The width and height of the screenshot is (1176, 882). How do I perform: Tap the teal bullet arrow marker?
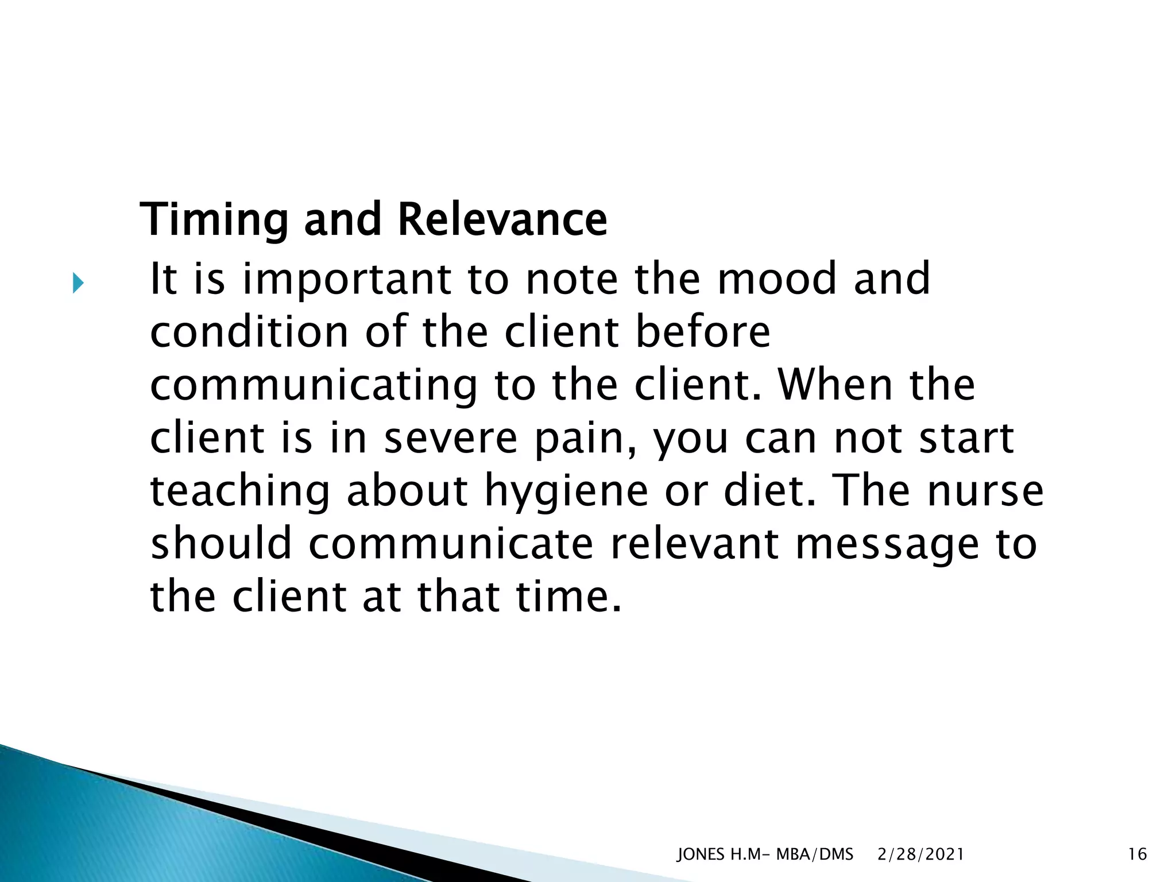(x=78, y=284)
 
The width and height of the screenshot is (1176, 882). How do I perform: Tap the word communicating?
(x=314, y=386)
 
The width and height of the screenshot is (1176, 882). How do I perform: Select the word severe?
(x=451, y=439)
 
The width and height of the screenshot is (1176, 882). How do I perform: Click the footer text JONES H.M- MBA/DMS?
(x=765, y=854)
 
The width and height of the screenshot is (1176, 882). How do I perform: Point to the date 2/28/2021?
(x=920, y=854)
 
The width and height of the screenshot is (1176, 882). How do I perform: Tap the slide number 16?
(x=1137, y=854)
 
